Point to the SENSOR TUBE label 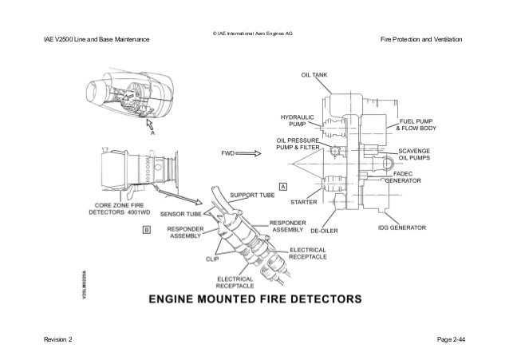(181, 214)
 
